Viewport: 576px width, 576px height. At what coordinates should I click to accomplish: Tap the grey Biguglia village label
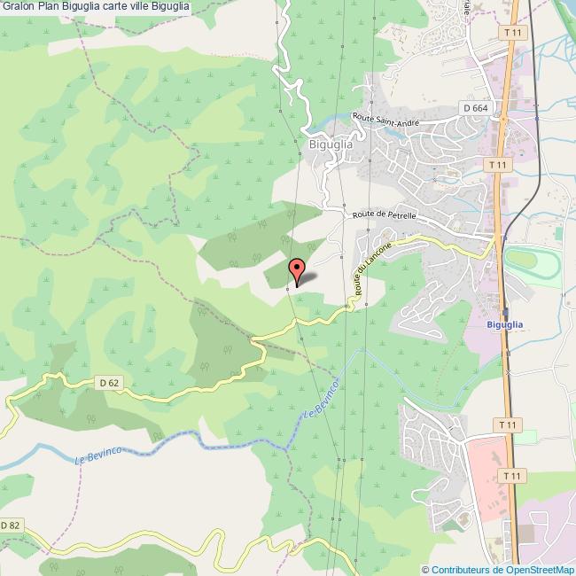(326, 144)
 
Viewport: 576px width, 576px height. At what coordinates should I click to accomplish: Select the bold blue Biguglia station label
(505, 325)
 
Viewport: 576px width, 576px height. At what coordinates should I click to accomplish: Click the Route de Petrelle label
(383, 214)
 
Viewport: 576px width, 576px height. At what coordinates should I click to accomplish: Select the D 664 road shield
(475, 108)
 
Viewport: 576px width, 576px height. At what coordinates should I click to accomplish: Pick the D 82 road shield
(10, 525)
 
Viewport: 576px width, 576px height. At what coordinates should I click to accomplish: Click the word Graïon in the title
(16, 7)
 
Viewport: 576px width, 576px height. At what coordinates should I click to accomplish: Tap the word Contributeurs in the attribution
(463, 570)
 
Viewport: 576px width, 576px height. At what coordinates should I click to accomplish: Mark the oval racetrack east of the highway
(532, 263)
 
